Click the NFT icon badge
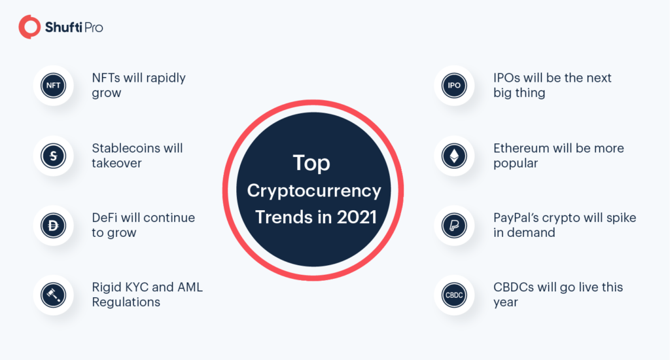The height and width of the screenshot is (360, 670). click(52, 86)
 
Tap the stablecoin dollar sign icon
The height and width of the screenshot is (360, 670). click(52, 155)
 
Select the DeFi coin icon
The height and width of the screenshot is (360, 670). click(52, 225)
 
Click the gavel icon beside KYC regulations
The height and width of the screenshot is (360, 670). click(52, 295)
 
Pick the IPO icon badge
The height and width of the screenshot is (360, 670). click(453, 86)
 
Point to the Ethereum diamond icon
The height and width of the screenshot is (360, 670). click(453, 155)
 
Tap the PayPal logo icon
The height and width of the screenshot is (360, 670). click(453, 225)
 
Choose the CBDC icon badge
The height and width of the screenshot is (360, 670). click(453, 295)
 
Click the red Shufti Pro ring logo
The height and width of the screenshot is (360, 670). click(29, 27)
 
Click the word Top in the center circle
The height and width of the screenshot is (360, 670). click(311, 164)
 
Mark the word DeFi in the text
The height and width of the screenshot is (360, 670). click(105, 217)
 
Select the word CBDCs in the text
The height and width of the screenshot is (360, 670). click(514, 287)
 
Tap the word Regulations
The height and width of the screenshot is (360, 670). click(126, 302)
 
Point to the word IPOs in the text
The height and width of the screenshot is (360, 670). click(508, 78)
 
